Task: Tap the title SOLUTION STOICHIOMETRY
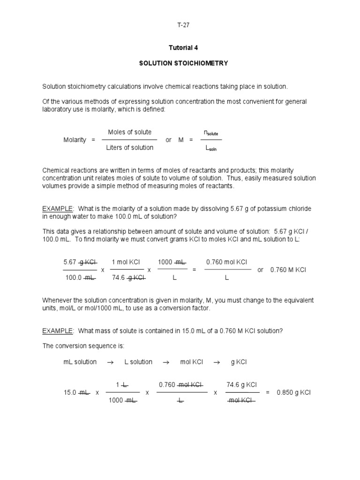pyautogui.click(x=183, y=63)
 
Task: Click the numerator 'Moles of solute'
pyautogui.click(x=130, y=132)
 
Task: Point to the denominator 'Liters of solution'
pyautogui.click(x=130, y=148)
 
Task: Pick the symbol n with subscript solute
pyautogui.click(x=210, y=133)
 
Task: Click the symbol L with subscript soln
pyautogui.click(x=211, y=149)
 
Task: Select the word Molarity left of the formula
pyautogui.click(x=75, y=140)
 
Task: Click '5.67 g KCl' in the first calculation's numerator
pyautogui.click(x=80, y=262)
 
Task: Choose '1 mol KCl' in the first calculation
pyautogui.click(x=126, y=262)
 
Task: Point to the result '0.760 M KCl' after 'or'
pyautogui.click(x=288, y=270)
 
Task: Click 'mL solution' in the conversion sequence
pyautogui.click(x=80, y=362)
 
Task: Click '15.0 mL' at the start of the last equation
pyautogui.click(x=76, y=392)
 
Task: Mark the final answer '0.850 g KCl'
pyautogui.click(x=294, y=392)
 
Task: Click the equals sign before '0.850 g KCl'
pyautogui.click(x=268, y=392)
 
